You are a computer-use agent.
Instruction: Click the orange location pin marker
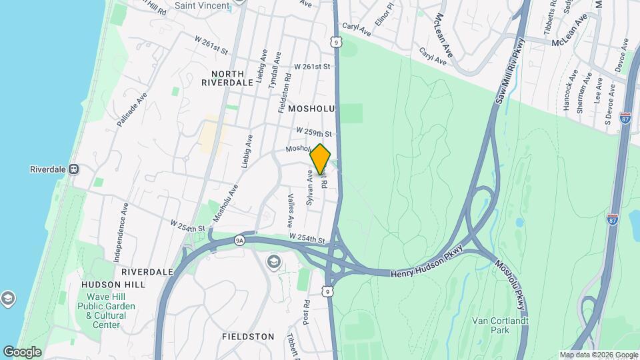coord(321,159)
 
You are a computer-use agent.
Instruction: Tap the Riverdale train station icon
coord(74,169)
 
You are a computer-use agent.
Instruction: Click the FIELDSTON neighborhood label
coord(248,337)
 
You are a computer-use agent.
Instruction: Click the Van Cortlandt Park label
coord(500,325)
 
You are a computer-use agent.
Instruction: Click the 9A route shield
coord(240,239)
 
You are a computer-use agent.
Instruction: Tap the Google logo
coord(22,351)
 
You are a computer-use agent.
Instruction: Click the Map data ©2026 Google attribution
coord(598,355)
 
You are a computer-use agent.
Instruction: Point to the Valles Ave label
coord(291,211)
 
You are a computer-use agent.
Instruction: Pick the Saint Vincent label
coord(201,5)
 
